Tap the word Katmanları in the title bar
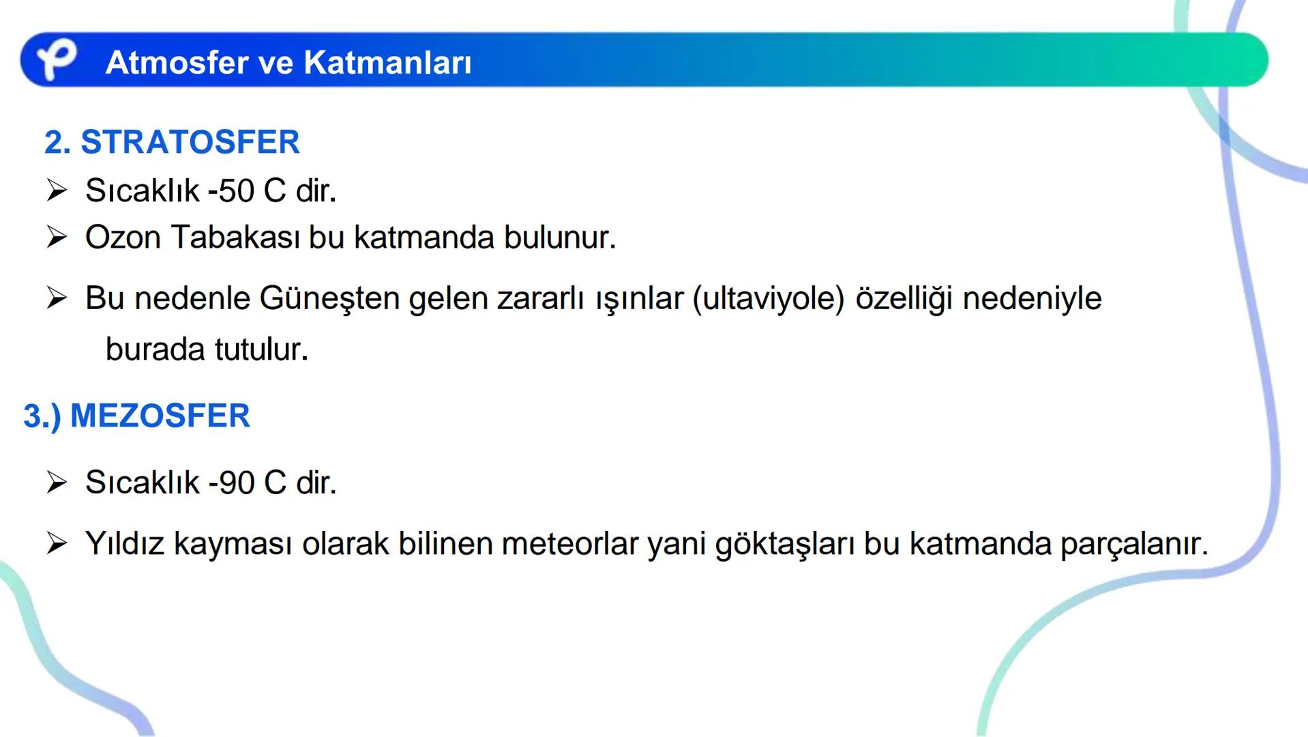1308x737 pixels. pos(387,63)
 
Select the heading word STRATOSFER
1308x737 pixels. pos(190,142)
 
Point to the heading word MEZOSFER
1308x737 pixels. pos(160,416)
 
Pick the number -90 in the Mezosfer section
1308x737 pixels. pos(232,482)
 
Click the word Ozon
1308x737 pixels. pos(123,237)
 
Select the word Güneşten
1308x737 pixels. pos(329,298)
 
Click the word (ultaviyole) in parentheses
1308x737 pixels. pos(769,298)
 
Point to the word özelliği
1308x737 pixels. pos(904,298)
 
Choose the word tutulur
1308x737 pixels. pos(261,349)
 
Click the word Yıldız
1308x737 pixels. pos(125,544)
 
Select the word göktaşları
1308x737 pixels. pos(784,544)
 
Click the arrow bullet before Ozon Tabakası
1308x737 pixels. pos(57,237)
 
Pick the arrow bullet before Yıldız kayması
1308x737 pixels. pos(57,544)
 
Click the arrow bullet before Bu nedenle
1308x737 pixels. pos(57,298)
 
